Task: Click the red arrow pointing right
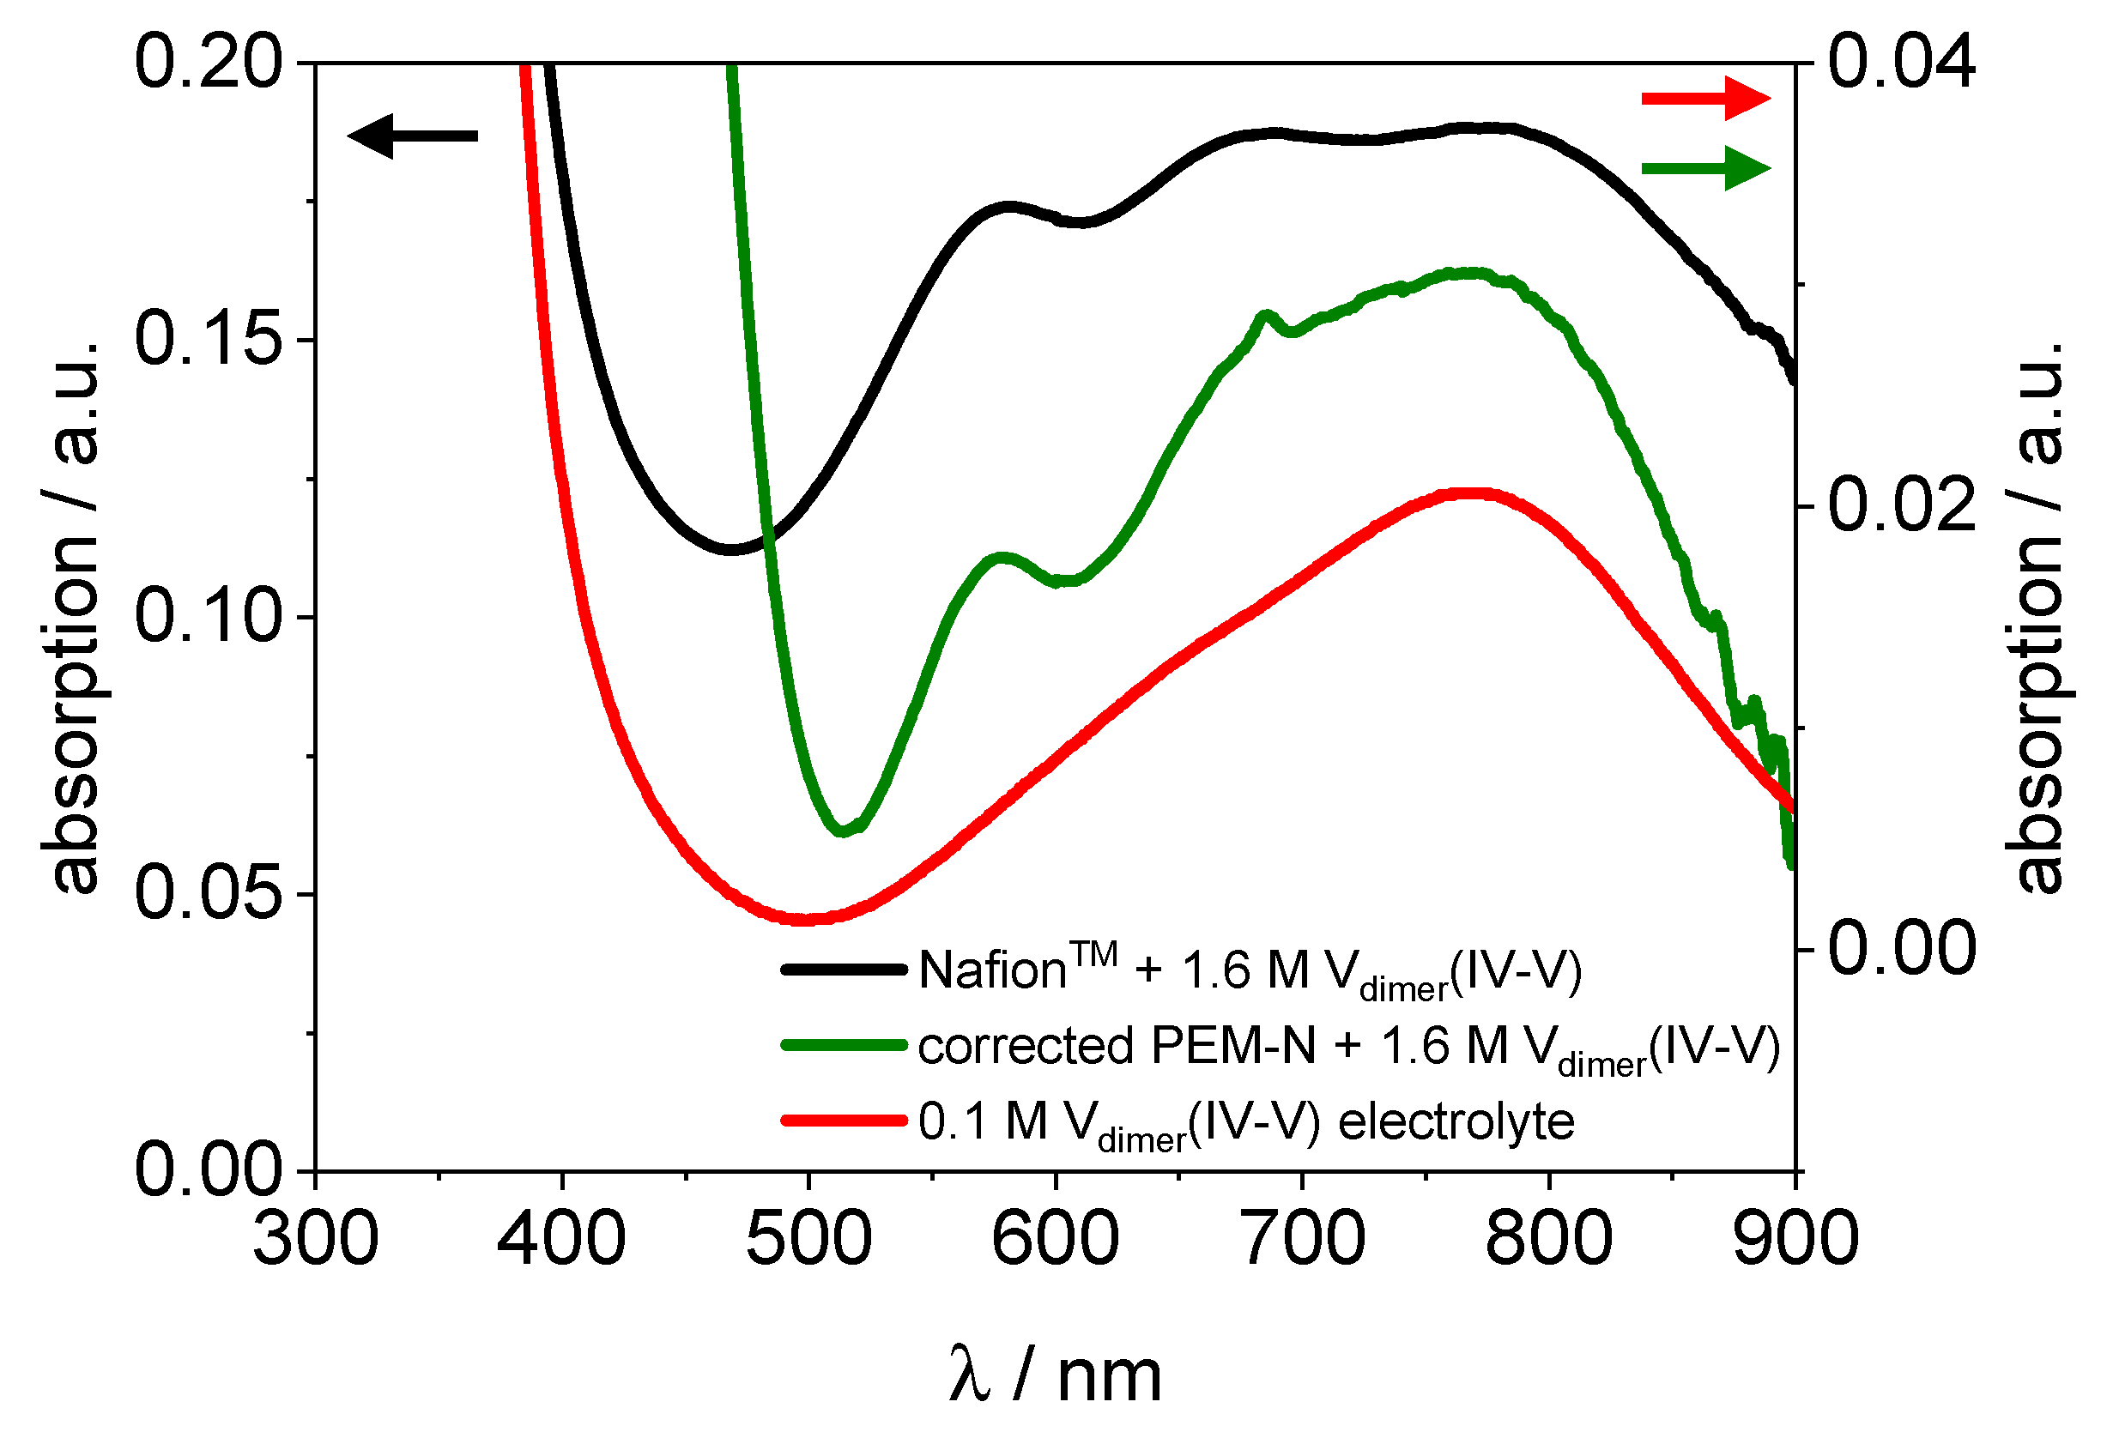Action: (1705, 98)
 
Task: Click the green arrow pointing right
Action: (1705, 168)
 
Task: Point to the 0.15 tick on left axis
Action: (209, 340)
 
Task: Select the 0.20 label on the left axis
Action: (209, 63)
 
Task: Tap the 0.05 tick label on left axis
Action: (209, 894)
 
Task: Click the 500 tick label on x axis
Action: (808, 1239)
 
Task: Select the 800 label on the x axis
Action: (1548, 1239)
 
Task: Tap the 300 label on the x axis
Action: (316, 1239)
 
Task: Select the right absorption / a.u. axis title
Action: (2037, 619)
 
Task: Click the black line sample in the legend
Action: (844, 970)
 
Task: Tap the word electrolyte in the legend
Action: (1456, 1121)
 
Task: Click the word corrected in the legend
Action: (1025, 1046)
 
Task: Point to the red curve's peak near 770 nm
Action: (1473, 493)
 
